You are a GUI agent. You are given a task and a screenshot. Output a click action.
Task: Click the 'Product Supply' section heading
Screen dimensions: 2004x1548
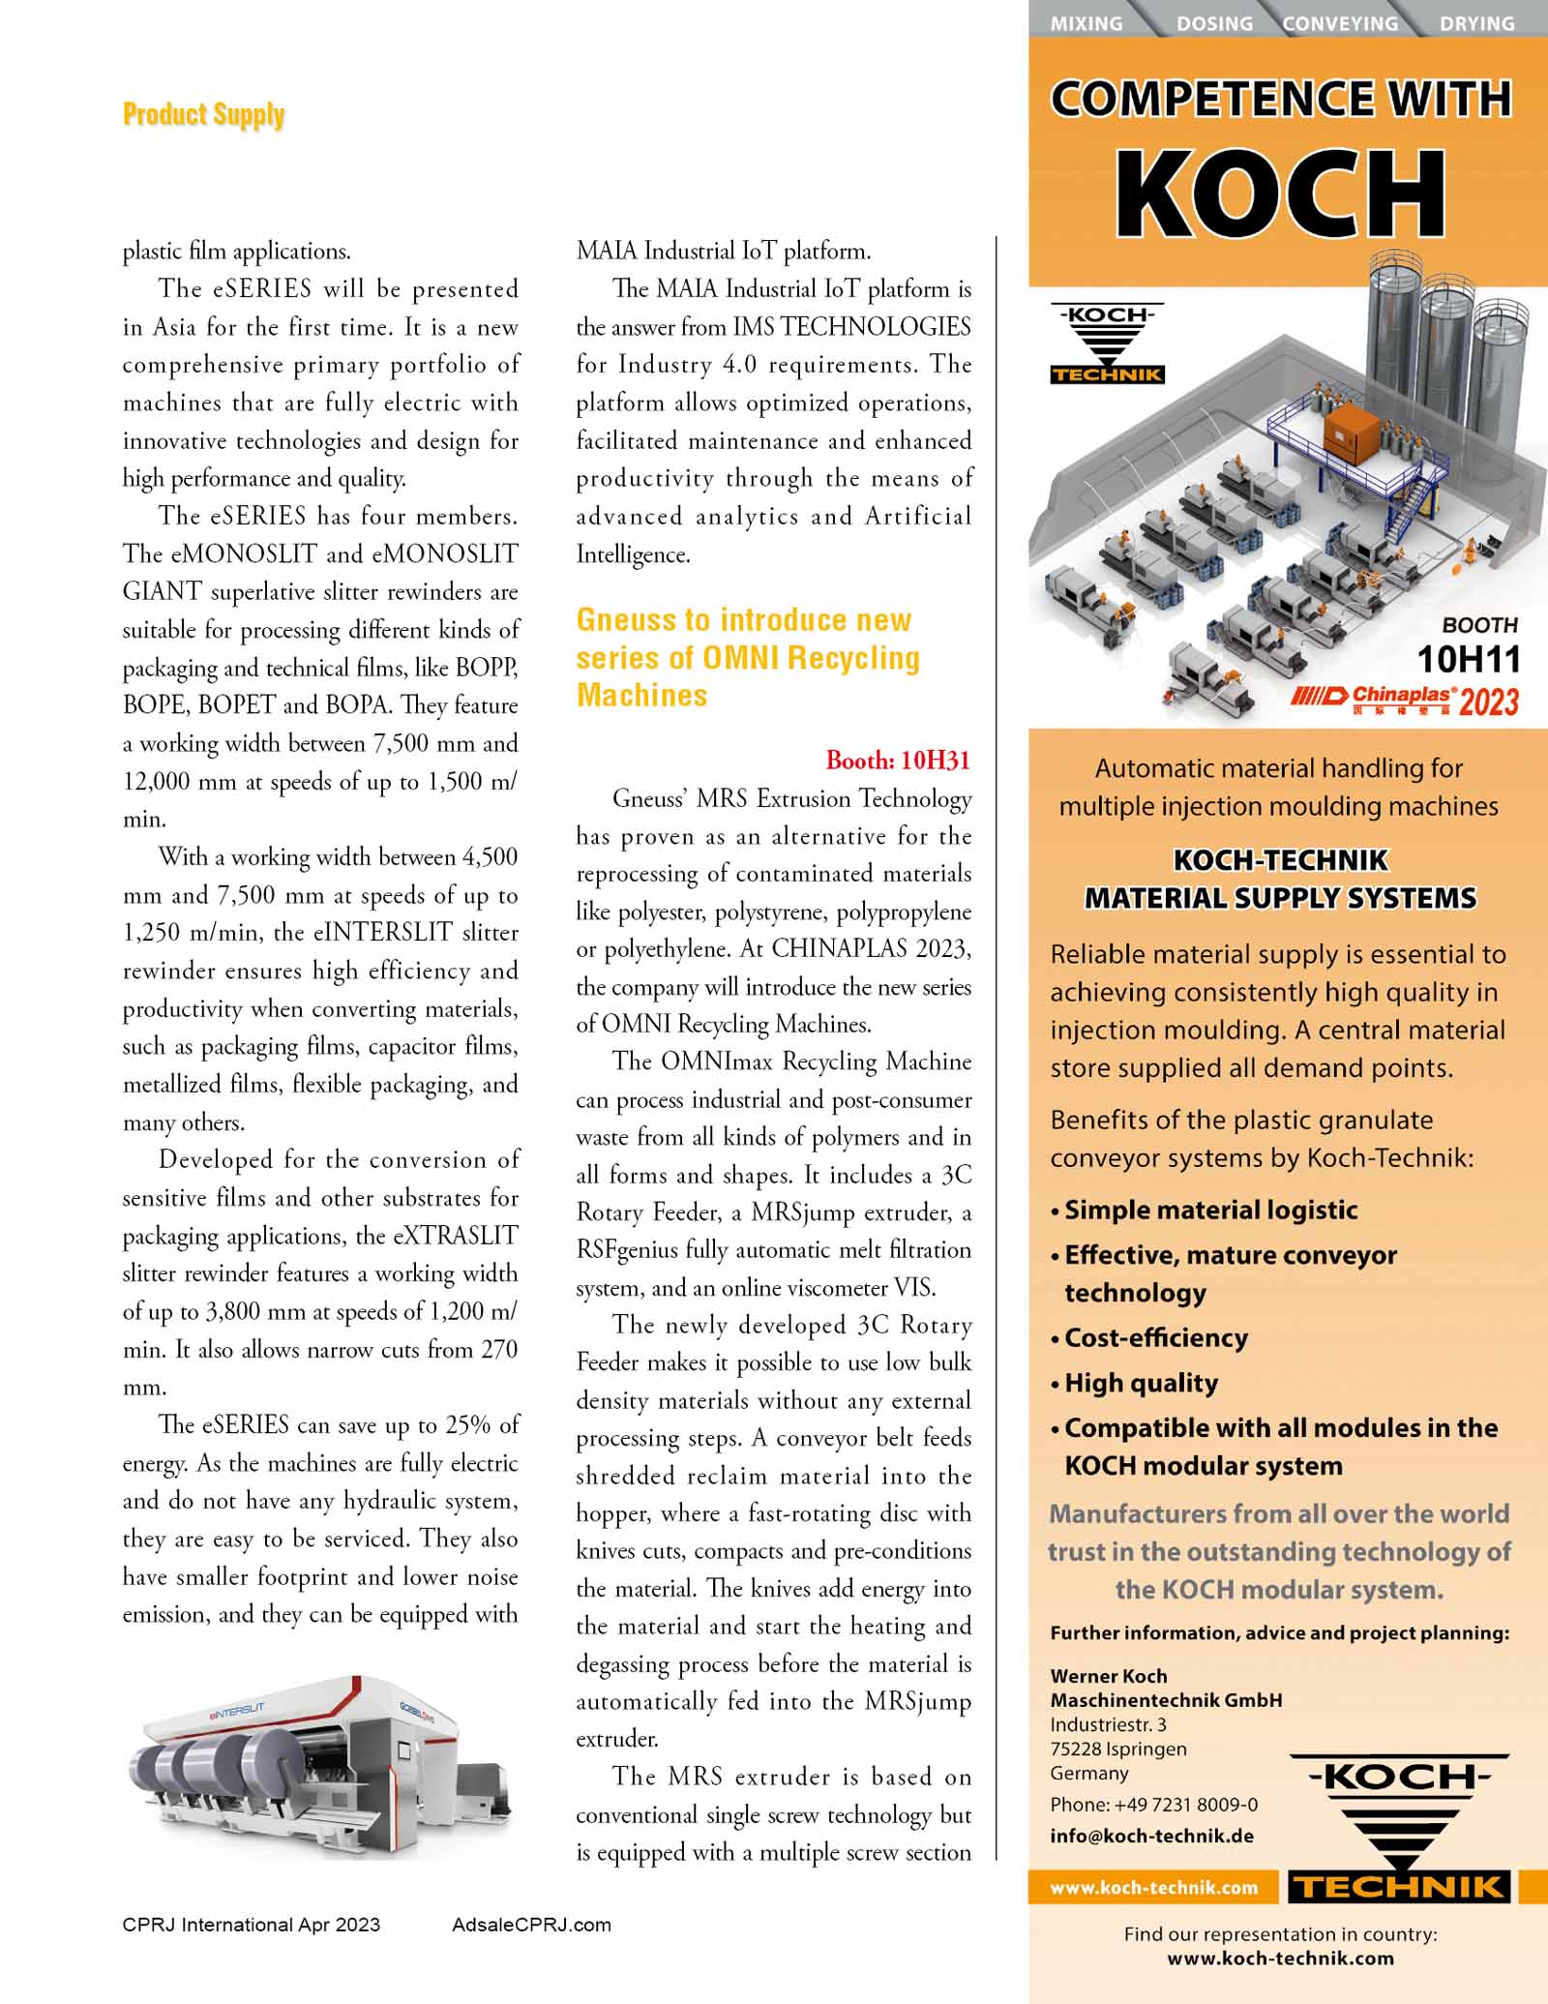pos(203,115)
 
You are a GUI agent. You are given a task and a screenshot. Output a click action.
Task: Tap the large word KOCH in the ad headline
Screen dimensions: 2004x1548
pos(1280,194)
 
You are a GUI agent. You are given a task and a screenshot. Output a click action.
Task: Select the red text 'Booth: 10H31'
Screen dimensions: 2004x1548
pos(897,761)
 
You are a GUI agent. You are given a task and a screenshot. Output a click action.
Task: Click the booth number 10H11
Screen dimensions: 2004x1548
pos(1468,660)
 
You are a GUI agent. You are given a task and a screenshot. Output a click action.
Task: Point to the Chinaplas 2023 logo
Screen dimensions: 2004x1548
pos(1404,700)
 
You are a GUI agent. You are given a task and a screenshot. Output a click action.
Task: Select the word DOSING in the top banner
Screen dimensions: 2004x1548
pos(1214,23)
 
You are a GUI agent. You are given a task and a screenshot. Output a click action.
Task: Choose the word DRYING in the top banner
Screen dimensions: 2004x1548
pos(1476,23)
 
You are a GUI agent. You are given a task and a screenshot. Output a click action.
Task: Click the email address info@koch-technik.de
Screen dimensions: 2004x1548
pos(1151,1836)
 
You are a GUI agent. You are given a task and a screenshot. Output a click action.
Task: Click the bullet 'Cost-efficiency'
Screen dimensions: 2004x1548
pos(1155,1337)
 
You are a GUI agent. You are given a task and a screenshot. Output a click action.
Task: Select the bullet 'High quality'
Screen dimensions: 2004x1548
pos(1141,1383)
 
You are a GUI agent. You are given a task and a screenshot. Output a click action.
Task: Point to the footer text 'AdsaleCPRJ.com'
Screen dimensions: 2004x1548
pos(531,1925)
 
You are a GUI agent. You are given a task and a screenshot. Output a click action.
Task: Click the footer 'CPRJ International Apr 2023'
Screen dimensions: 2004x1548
pos(251,1925)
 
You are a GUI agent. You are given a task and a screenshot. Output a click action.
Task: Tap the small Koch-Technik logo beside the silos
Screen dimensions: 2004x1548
pos(1107,344)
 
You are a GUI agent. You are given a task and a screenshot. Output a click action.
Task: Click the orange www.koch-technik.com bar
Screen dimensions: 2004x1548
pos(1153,1888)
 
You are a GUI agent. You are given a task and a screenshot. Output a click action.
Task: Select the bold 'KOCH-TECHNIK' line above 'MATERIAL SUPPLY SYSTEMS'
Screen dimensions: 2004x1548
pos(1280,859)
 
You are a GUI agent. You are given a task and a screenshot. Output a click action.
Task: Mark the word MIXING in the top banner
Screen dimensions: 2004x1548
pos(1087,23)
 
